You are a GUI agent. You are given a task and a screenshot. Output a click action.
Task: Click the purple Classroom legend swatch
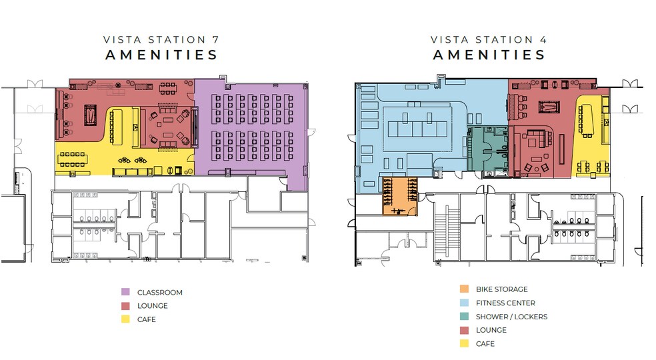125,292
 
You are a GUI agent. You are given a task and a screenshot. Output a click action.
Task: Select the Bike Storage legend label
501,289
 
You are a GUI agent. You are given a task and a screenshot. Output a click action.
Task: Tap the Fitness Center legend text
505,303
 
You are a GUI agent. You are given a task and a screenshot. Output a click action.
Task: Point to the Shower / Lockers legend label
511,317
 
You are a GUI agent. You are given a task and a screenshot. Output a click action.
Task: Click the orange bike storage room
399,196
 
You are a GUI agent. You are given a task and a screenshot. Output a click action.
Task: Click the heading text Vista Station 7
161,40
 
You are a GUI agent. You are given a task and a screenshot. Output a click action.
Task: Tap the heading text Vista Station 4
489,40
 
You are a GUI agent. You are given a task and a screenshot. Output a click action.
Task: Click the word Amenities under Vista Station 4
489,55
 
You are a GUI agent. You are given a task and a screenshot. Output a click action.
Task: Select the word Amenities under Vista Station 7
161,55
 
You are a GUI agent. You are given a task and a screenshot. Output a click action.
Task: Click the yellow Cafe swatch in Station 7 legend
125,319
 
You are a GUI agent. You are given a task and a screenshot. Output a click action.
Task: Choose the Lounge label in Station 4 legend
491,330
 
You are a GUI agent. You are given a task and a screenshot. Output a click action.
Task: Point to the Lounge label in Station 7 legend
152,306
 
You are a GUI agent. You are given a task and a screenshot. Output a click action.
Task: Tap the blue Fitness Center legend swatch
463,303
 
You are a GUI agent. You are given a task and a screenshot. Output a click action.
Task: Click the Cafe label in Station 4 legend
485,343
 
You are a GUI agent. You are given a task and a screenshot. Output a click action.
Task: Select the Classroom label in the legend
159,292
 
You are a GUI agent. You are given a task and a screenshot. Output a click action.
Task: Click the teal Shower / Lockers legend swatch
463,317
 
